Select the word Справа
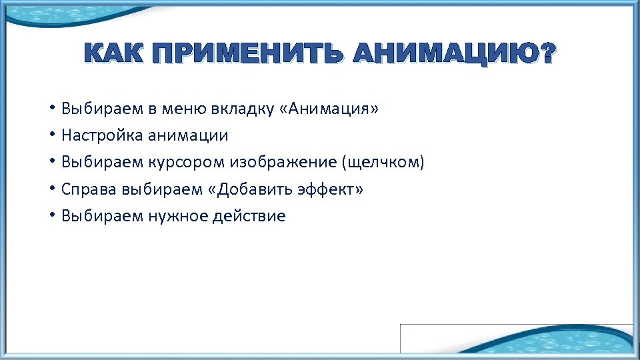[89, 189]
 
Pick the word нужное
[179, 216]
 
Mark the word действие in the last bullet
[252, 216]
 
